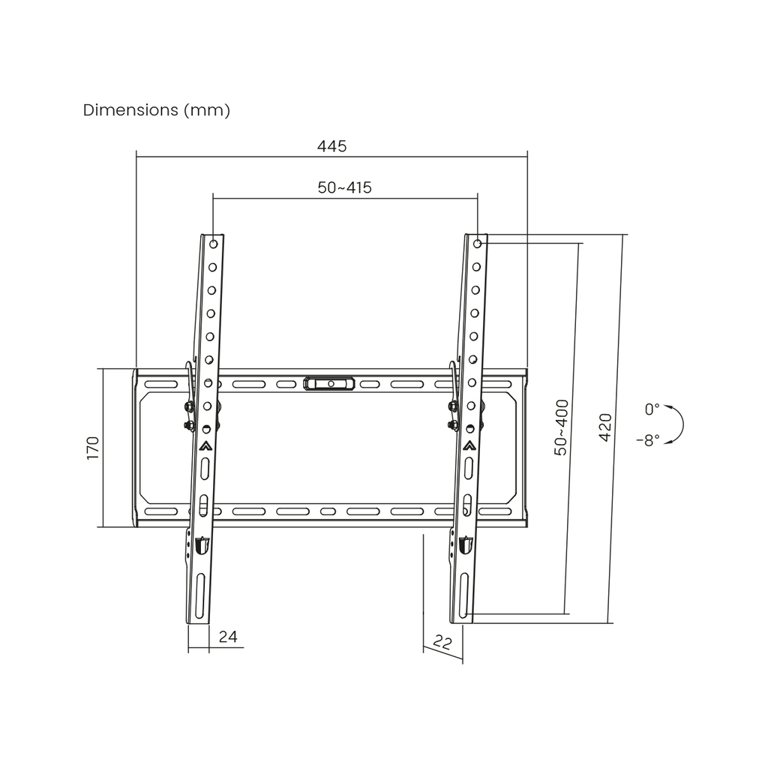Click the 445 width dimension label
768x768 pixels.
331,146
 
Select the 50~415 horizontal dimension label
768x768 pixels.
344,187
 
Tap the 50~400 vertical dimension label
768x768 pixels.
562,428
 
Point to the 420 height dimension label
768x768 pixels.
605,427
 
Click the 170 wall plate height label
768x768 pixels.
93,448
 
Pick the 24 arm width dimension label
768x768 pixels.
228,637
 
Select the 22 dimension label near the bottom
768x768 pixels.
442,643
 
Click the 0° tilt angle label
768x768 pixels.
652,409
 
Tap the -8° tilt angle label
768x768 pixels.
648,441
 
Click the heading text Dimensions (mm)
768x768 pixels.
157,110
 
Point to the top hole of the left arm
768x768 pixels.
213,244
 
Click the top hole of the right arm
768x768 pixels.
478,244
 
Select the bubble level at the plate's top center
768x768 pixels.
330,384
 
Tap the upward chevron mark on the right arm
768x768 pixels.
469,444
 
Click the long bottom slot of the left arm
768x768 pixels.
200,597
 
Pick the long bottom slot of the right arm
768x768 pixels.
464,597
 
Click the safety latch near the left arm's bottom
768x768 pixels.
201,545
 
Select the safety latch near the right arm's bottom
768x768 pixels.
465,545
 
